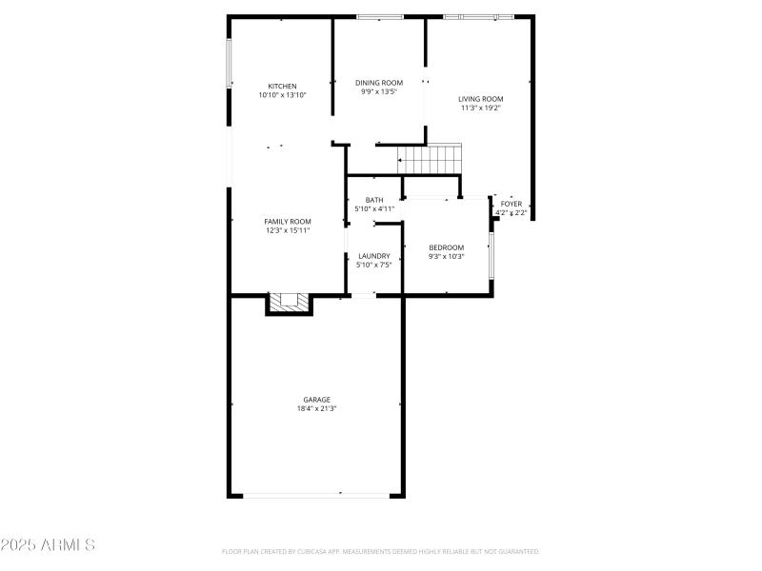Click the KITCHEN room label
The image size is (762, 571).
point(282,87)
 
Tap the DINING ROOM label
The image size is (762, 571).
point(379,83)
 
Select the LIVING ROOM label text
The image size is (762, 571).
point(480,99)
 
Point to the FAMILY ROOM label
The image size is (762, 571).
point(287,222)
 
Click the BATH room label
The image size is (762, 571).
point(373,200)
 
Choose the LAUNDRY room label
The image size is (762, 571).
point(373,256)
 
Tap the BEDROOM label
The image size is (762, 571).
point(446,247)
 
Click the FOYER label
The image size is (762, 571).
point(511,204)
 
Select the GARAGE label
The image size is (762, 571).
point(317,400)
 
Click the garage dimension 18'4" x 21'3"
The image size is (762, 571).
point(317,408)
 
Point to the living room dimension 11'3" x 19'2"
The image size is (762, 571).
point(480,108)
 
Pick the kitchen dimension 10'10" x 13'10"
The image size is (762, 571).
point(282,95)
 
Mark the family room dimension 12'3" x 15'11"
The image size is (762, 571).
point(287,230)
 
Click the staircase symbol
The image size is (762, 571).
point(430,158)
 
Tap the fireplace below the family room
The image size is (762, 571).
point(289,304)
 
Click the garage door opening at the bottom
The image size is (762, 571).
point(316,494)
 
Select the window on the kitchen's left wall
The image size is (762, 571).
point(229,63)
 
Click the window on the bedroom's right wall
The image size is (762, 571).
point(491,255)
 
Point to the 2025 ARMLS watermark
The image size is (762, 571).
point(48,545)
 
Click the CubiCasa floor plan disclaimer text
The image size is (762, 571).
point(381,551)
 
